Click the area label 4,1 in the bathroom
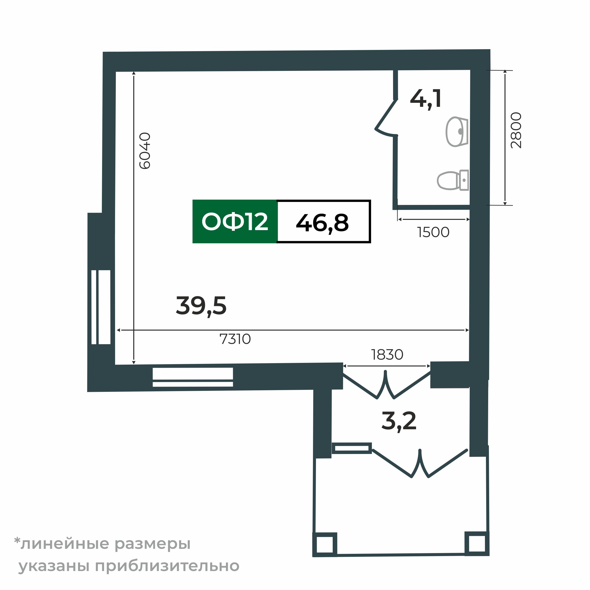click(x=425, y=99)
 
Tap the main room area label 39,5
click(x=201, y=306)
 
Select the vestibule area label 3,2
click(x=399, y=421)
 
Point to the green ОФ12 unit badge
click(x=235, y=222)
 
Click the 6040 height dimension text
click(x=145, y=150)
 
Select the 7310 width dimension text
click(x=235, y=339)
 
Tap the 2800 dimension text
click(x=516, y=130)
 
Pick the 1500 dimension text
click(x=433, y=232)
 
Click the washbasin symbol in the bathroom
click(x=457, y=132)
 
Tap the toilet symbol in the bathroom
click(x=453, y=180)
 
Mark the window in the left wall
click(x=101, y=307)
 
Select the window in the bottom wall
click(x=193, y=377)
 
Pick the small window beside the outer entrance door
click(x=352, y=448)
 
